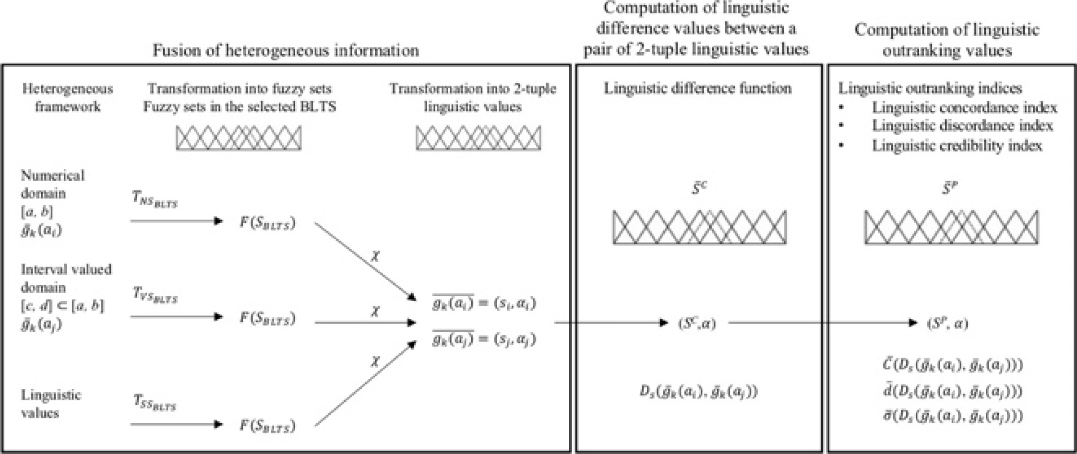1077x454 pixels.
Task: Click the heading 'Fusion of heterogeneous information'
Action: [x=286, y=50]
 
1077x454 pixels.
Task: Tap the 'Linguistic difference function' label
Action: [x=697, y=89]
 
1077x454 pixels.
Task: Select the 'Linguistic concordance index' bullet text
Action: [x=964, y=108]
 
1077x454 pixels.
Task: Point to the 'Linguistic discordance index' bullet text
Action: [x=962, y=126]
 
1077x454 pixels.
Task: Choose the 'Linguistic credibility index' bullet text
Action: [x=957, y=146]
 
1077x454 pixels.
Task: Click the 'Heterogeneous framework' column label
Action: [x=68, y=97]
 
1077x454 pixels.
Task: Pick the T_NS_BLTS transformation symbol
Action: [x=155, y=200]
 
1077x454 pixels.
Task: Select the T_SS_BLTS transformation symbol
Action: [x=155, y=403]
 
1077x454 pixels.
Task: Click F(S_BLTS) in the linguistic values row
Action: [x=267, y=425]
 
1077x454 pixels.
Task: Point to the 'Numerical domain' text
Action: [x=52, y=184]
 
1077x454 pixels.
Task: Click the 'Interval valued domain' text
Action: [x=66, y=278]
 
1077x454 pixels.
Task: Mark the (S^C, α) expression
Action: [x=697, y=324]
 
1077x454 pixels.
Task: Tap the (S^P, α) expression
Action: [x=947, y=324]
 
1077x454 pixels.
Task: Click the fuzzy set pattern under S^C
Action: [x=699, y=227]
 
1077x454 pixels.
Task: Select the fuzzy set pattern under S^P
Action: [x=951, y=227]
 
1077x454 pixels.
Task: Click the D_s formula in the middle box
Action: [x=698, y=392]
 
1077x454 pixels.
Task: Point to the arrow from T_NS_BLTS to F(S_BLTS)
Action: [x=177, y=221]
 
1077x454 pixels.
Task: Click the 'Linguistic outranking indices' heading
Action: [x=930, y=89]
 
